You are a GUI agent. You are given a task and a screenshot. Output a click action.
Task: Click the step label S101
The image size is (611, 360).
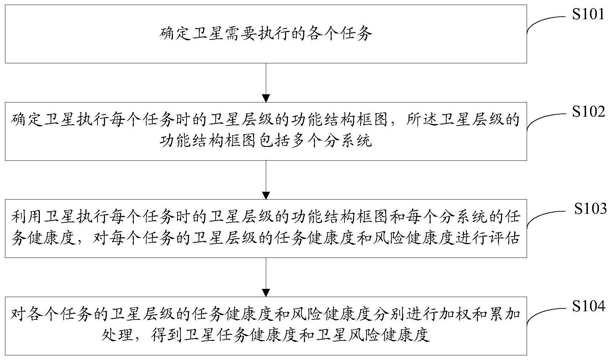(588, 14)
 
